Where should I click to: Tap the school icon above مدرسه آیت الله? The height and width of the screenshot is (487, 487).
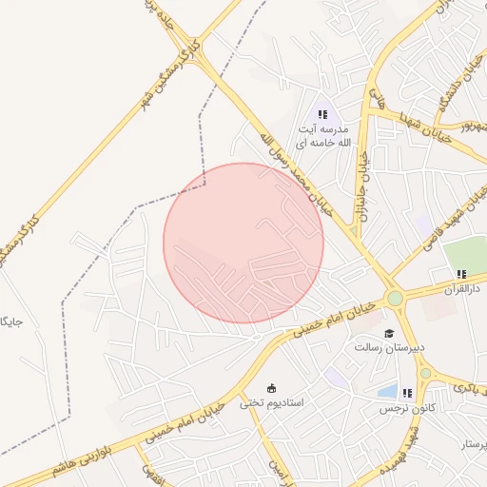point(322,114)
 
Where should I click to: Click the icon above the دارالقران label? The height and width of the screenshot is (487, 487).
point(462,274)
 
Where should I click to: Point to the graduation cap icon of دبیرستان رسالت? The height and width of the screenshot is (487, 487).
point(388,333)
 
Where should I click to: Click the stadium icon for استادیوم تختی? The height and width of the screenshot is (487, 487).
point(272,388)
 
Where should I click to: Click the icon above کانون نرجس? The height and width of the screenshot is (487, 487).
point(407,393)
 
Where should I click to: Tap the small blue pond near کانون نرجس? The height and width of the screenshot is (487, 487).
point(387,391)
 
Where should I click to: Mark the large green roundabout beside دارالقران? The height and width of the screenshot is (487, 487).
point(395,299)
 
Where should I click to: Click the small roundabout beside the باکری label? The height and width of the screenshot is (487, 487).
point(425,373)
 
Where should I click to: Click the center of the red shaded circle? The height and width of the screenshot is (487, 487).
point(243,243)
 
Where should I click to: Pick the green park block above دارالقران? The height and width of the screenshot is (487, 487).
point(465,253)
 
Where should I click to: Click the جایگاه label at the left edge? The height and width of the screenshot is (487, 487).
point(11,322)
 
